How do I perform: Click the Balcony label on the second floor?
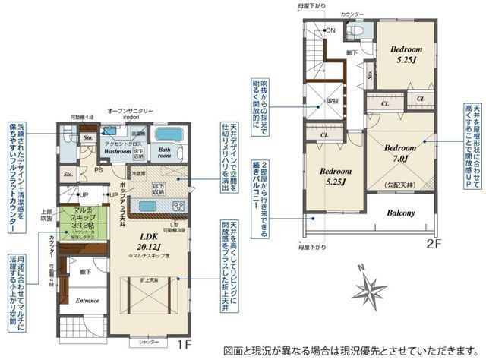(x=400, y=213)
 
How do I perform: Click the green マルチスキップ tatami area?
(x=78, y=221)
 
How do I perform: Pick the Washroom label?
(x=118, y=151)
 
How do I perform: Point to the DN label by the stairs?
(x=331, y=30)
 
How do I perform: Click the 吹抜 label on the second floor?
(x=333, y=100)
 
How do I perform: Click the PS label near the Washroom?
(x=97, y=170)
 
